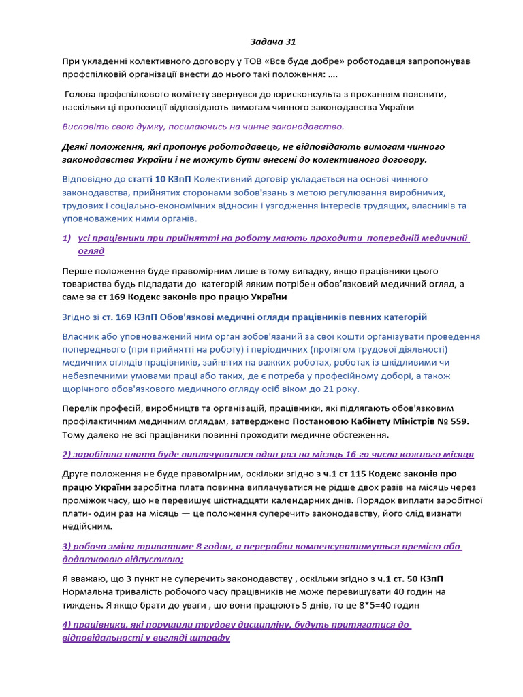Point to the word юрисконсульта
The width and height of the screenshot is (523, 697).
coord(343,94)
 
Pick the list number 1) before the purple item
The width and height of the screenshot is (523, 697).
coord(67,238)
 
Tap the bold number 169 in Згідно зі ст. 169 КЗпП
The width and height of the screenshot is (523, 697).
coord(123,317)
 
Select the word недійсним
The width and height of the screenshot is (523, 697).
coord(87,526)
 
